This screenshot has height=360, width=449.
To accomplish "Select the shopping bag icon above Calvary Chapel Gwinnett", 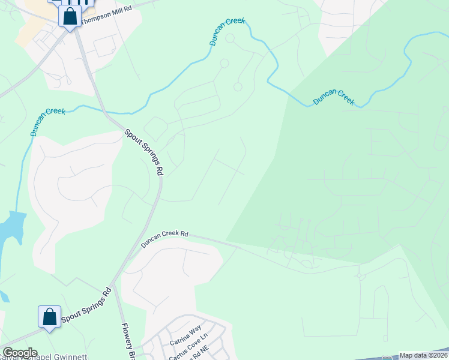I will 49,317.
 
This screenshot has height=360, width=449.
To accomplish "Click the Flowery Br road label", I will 127,341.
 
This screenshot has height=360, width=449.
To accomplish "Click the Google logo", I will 20,353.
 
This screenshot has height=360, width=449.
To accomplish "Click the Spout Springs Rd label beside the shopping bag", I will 86,310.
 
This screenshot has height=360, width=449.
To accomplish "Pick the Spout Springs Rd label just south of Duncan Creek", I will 145,152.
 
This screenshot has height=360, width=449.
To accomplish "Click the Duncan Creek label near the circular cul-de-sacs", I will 227,32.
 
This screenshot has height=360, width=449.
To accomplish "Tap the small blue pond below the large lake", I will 4,296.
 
